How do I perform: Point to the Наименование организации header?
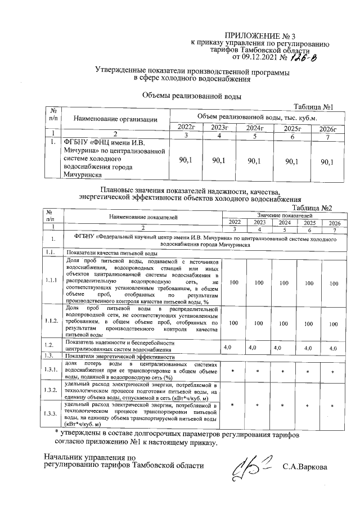(114, 119)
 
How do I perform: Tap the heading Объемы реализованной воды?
(191, 96)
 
